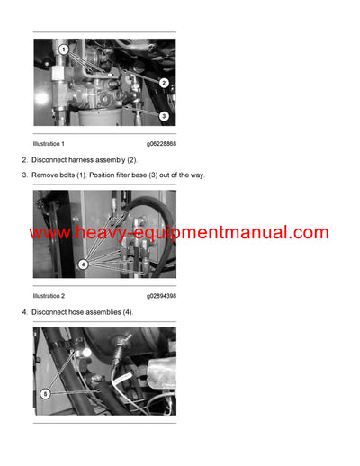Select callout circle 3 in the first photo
click(164, 116)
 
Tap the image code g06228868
click(161, 144)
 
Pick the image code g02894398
click(161, 296)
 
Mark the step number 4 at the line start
click(23, 311)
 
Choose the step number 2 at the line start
click(23, 159)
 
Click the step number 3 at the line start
click(23, 175)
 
